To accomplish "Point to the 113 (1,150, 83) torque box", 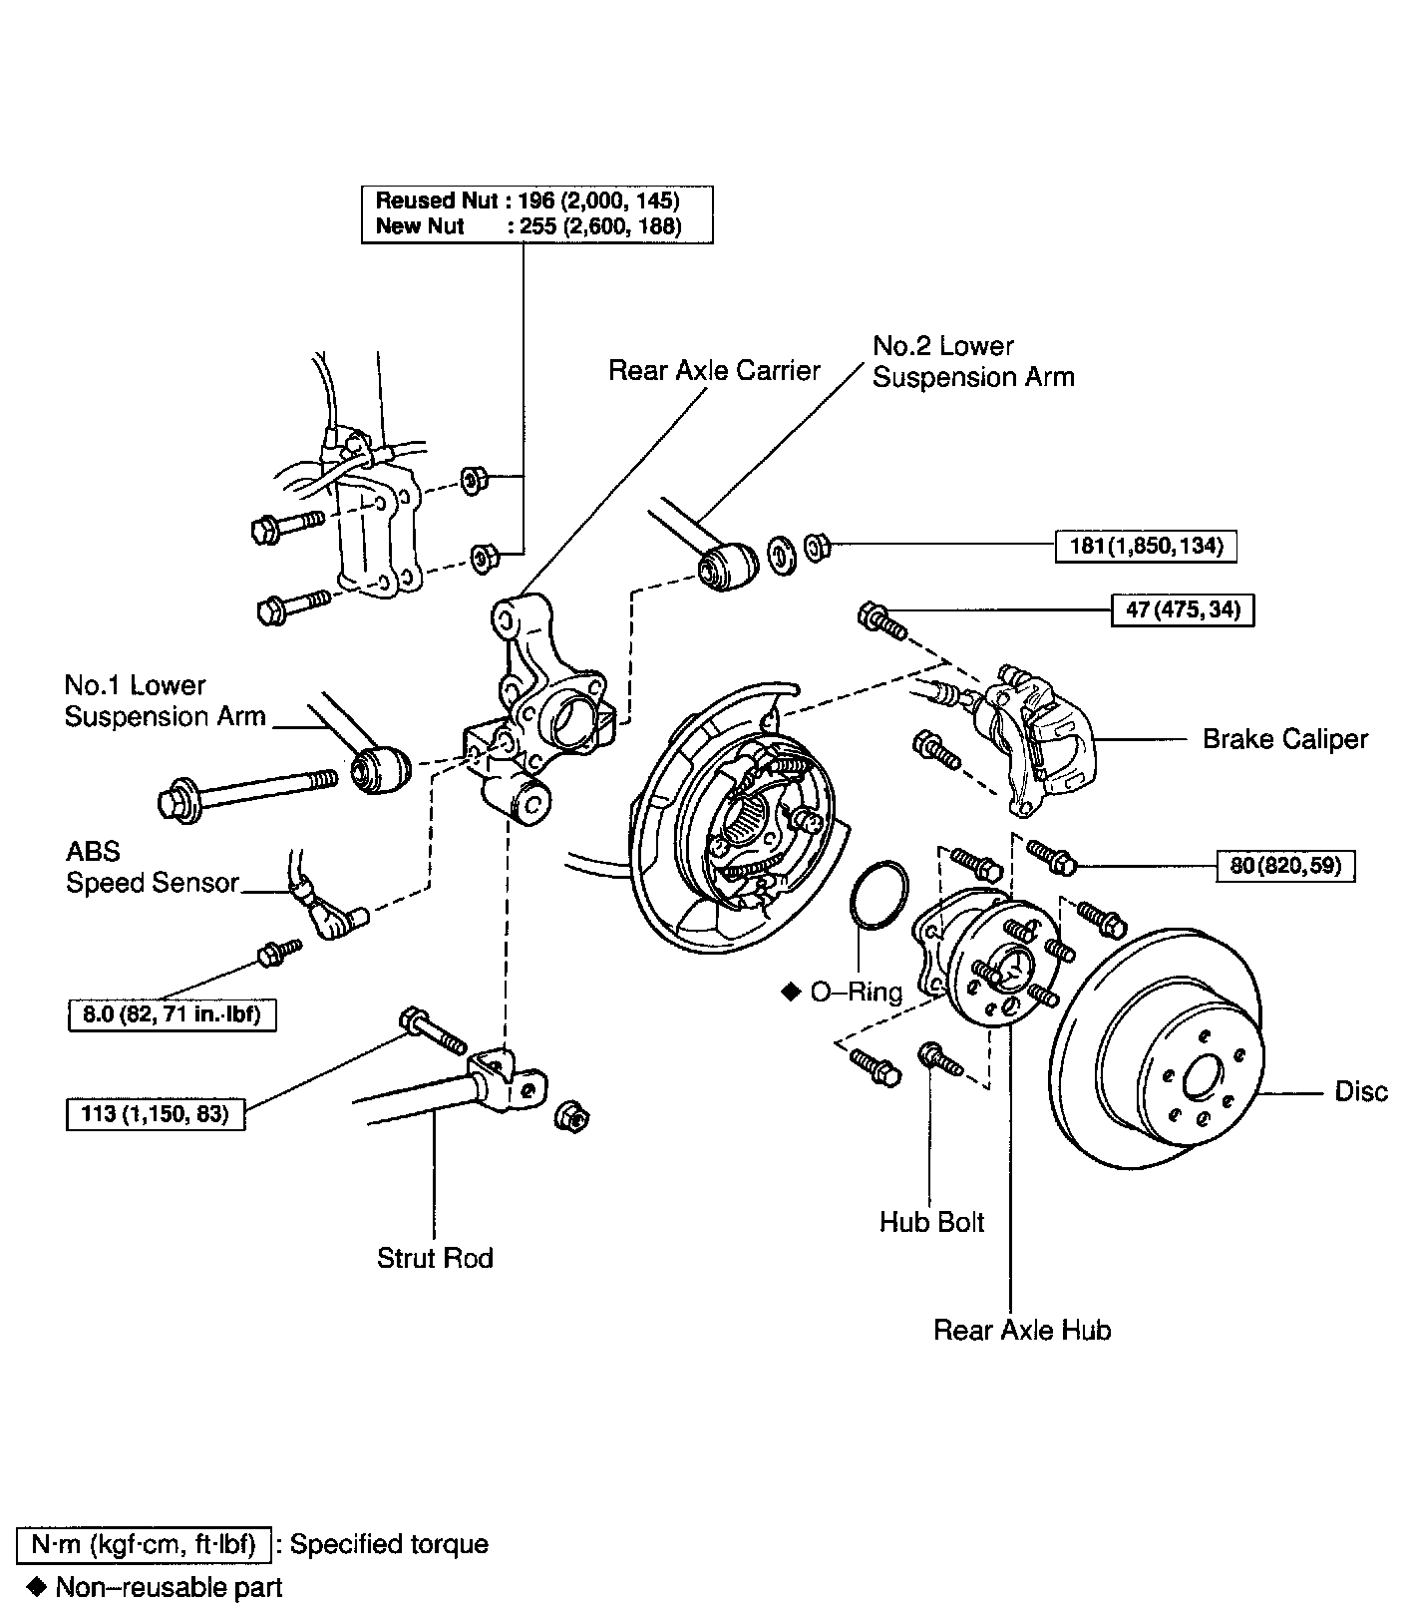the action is [x=156, y=1113].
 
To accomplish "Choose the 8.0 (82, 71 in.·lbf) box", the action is [x=172, y=1015].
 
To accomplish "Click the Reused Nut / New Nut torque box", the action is [x=537, y=213].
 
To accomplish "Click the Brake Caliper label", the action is [x=1285, y=739].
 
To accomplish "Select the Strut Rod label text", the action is [x=435, y=1258].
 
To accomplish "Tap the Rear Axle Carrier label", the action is [x=714, y=371].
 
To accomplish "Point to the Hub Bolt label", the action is [x=931, y=1222].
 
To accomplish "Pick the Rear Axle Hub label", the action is [x=1022, y=1330].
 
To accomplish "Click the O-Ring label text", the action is [x=856, y=992].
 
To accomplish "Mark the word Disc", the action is [x=1361, y=1092].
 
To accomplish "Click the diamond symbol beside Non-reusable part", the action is [x=38, y=1586].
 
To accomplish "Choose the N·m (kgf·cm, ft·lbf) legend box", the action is [x=144, y=1545].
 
